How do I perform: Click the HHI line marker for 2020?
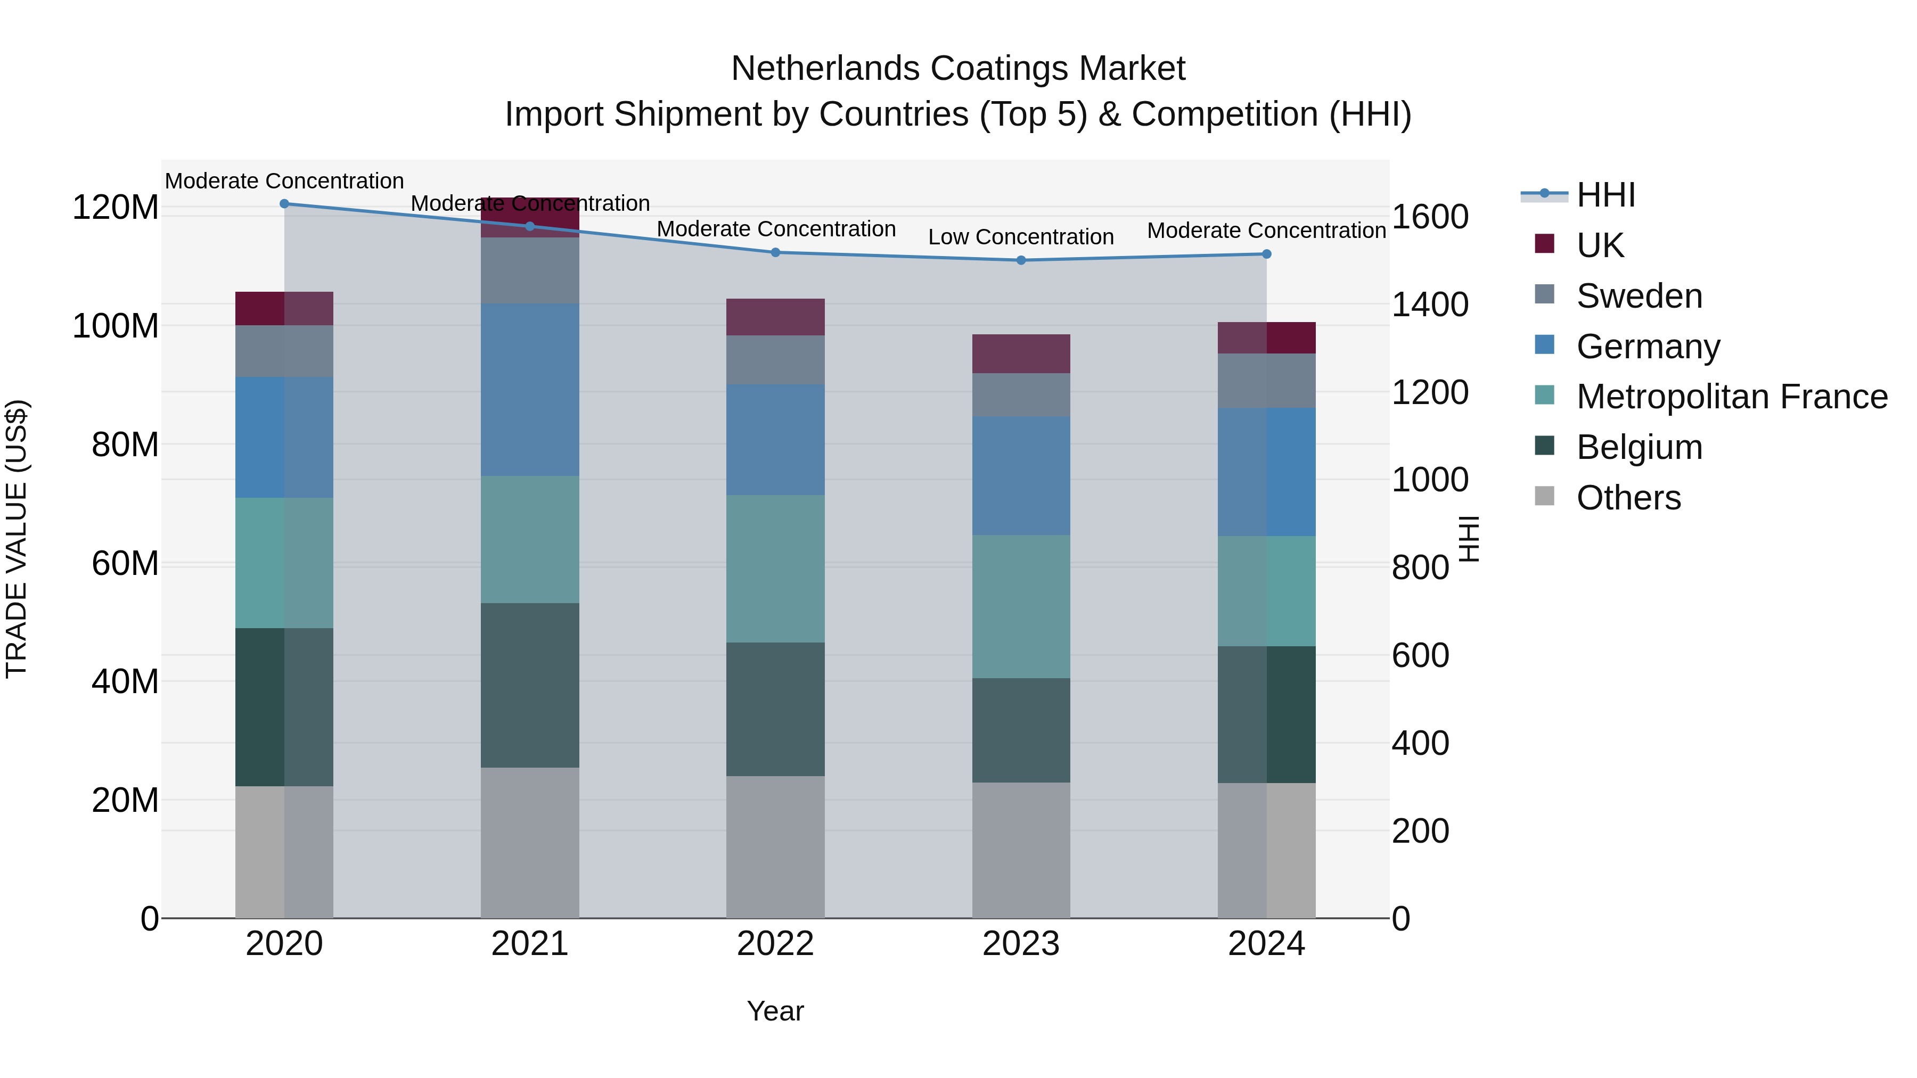pyautogui.click(x=284, y=204)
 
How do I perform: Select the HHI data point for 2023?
pyautogui.click(x=1021, y=260)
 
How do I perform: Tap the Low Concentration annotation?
pyautogui.click(x=1020, y=237)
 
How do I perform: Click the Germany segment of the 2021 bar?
pyautogui.click(x=530, y=389)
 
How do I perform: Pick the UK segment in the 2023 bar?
pyautogui.click(x=1021, y=353)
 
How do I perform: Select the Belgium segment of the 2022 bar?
pyautogui.click(x=775, y=709)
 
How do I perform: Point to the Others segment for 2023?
pyautogui.click(x=1021, y=850)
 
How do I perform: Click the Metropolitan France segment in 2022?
pyautogui.click(x=775, y=569)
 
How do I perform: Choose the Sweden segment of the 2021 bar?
pyautogui.click(x=530, y=270)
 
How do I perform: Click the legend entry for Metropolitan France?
pyautogui.click(x=1732, y=397)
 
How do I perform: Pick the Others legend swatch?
pyautogui.click(x=1545, y=496)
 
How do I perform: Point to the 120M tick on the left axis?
pyautogui.click(x=116, y=208)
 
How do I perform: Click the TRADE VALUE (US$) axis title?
pyautogui.click(x=17, y=539)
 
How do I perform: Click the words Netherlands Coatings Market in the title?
pyautogui.click(x=958, y=69)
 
